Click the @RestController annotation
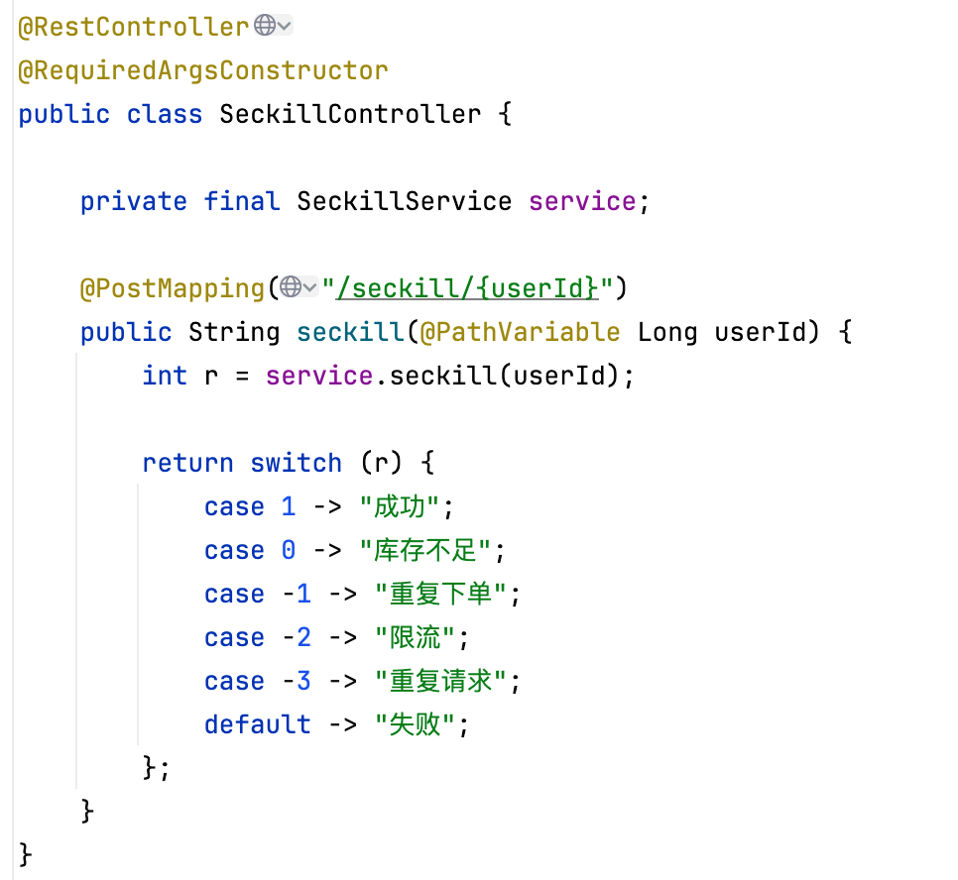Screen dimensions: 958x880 pyautogui.click(x=134, y=27)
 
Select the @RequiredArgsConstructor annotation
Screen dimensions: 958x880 pyautogui.click(x=203, y=70)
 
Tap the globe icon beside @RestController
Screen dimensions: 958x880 pyautogui.click(x=265, y=26)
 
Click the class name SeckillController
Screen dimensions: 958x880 pyautogui.click(x=350, y=114)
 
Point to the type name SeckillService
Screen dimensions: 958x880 pyautogui.click(x=405, y=201)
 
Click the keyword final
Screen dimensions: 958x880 pyautogui.click(x=242, y=201)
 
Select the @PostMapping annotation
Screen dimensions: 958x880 pyautogui.click(x=173, y=288)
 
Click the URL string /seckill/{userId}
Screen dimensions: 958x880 pyautogui.click(x=467, y=288)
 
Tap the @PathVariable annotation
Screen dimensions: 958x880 pyautogui.click(x=520, y=332)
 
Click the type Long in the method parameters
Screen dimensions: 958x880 pyautogui.click(x=667, y=332)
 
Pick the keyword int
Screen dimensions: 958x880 pyautogui.click(x=165, y=376)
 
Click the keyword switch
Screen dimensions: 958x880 pyautogui.click(x=296, y=463)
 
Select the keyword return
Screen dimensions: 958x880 pyautogui.click(x=188, y=463)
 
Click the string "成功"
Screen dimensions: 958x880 pyautogui.click(x=399, y=506)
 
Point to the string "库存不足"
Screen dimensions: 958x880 pyautogui.click(x=425, y=550)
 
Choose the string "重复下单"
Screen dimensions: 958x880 pyautogui.click(x=440, y=594)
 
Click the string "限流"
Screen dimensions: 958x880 pyautogui.click(x=415, y=637)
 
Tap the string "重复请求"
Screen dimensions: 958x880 pyautogui.click(x=440, y=681)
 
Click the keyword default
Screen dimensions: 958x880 pyautogui.click(x=257, y=724)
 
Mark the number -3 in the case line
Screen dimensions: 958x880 pyautogui.click(x=297, y=681)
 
